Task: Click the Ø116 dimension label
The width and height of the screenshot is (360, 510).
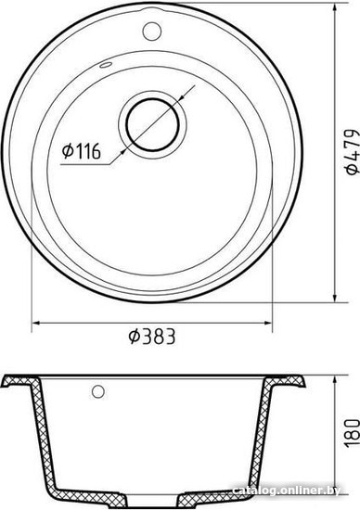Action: [x=81, y=151]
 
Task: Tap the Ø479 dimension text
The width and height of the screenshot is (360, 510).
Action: [x=353, y=152]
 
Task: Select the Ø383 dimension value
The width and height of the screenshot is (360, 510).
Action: [x=151, y=337]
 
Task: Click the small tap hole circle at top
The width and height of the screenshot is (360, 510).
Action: [x=152, y=31]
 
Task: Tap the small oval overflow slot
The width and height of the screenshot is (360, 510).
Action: [x=106, y=65]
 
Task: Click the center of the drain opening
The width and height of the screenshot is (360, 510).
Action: [x=152, y=125]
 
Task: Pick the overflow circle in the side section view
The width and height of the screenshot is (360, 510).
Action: [x=98, y=391]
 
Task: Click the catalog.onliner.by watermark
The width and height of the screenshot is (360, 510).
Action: [x=287, y=491]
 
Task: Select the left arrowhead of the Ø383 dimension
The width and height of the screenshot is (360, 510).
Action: [x=36, y=323]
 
